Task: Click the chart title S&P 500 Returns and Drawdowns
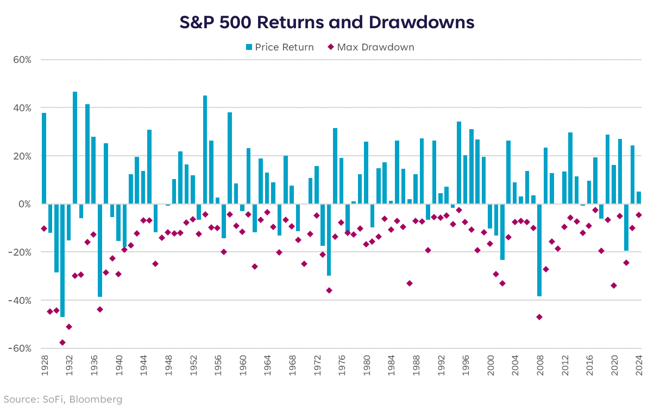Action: click(x=327, y=22)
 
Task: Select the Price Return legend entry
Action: click(x=279, y=47)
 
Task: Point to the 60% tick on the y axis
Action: click(x=22, y=60)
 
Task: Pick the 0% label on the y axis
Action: click(x=25, y=204)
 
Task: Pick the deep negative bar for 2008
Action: click(x=539, y=250)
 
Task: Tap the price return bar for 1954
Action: click(x=205, y=150)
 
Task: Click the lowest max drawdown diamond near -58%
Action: click(x=62, y=342)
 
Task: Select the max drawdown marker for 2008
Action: click(x=539, y=317)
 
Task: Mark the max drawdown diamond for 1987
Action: click(x=410, y=283)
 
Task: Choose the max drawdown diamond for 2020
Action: click(x=614, y=285)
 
